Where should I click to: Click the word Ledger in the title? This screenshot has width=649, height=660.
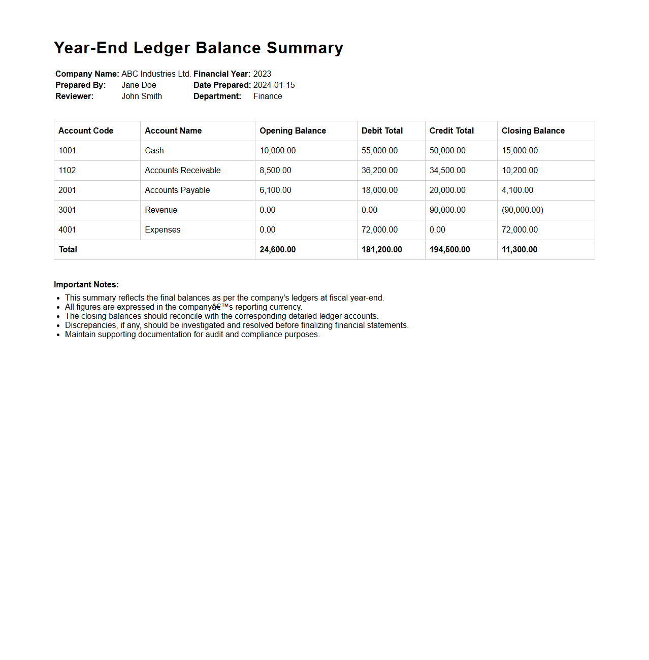tap(161, 48)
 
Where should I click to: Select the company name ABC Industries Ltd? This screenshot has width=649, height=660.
tap(156, 74)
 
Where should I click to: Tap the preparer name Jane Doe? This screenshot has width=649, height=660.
tap(139, 85)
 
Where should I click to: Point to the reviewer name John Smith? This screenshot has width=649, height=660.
tap(142, 96)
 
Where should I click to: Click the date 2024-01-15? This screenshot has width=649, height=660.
tap(274, 85)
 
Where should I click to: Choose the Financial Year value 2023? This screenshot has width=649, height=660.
tap(262, 74)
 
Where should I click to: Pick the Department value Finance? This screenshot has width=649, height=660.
tap(268, 96)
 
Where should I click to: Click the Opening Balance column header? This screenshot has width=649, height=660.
tap(293, 130)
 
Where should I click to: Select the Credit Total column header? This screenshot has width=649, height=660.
tap(451, 130)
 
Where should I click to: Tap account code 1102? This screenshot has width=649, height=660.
tap(67, 170)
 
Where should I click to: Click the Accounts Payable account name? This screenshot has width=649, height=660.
tap(177, 190)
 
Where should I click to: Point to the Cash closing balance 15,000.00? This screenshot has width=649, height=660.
tap(520, 150)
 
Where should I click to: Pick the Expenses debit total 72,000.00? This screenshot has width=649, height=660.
tap(379, 229)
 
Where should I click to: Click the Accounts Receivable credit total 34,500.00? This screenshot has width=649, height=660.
tap(447, 170)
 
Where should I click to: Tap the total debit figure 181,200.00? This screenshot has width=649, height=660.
tap(381, 249)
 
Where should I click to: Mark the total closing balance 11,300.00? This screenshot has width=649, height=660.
tap(519, 249)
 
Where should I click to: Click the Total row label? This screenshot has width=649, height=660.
tap(68, 249)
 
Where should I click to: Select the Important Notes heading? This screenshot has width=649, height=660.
tap(86, 284)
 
